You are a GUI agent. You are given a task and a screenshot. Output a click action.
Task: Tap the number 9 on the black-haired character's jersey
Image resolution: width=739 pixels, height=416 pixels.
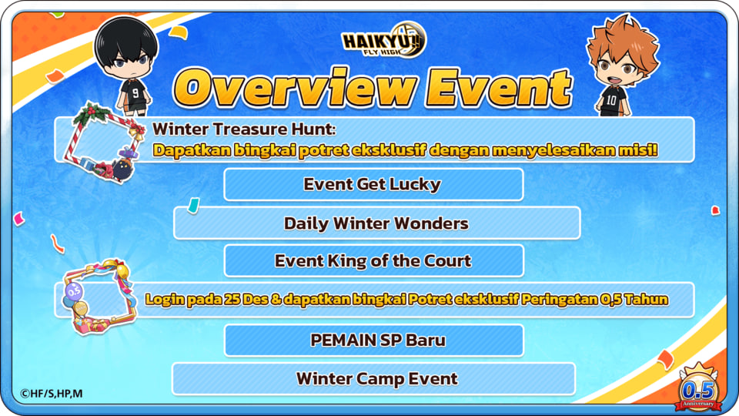click(x=135, y=92)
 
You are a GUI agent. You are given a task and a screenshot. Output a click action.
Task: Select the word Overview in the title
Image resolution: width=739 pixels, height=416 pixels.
click(x=296, y=88)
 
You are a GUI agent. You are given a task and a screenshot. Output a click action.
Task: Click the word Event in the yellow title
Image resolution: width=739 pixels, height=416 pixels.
click(x=499, y=88)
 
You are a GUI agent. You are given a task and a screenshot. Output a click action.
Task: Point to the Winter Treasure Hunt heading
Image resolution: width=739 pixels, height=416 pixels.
click(x=244, y=129)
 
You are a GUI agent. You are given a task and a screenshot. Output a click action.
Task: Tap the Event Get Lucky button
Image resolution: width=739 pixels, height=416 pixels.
click(x=373, y=184)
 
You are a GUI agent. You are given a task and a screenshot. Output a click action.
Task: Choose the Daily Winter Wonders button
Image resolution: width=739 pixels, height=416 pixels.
click(x=376, y=223)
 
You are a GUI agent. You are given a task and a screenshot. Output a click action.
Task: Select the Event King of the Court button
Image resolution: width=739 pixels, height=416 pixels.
click(x=373, y=261)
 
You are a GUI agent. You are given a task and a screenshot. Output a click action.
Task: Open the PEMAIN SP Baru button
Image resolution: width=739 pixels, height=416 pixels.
click(x=373, y=340)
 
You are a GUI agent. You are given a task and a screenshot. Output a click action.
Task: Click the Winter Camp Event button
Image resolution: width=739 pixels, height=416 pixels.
click(x=373, y=379)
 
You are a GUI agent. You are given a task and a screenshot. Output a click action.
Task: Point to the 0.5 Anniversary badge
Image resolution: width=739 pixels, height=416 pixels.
click(x=698, y=388)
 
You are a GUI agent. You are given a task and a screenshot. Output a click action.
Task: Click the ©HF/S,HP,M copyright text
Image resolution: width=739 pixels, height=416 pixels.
click(x=52, y=394)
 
